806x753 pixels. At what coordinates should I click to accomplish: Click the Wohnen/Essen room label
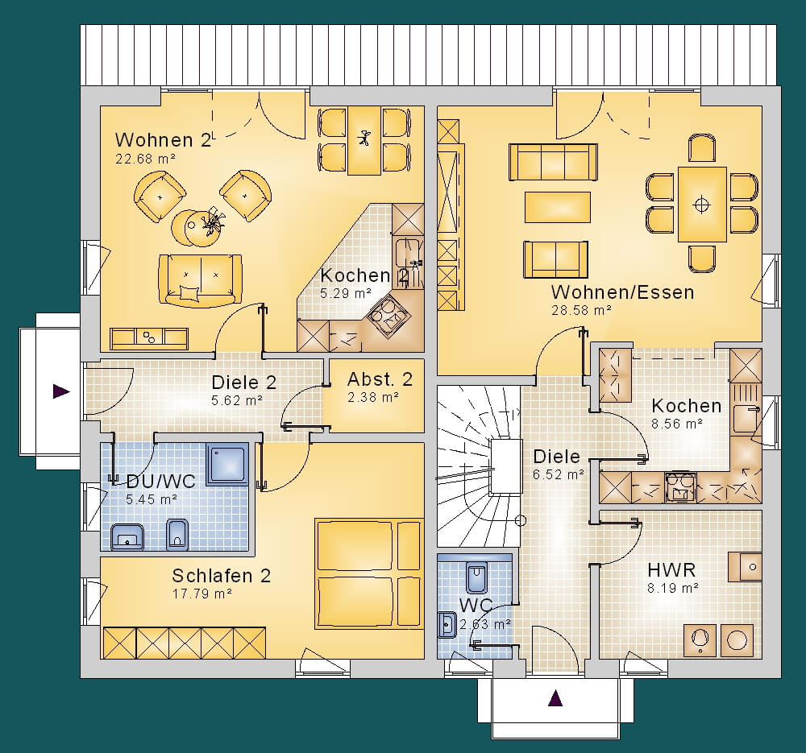(622, 292)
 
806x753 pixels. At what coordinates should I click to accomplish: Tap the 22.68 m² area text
(145, 159)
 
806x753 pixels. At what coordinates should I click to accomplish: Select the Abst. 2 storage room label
(380, 379)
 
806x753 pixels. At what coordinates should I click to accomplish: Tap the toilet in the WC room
(476, 578)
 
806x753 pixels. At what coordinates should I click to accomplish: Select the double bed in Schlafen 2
(369, 574)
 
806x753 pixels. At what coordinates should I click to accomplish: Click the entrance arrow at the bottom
(555, 698)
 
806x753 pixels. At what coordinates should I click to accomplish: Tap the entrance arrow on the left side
(61, 391)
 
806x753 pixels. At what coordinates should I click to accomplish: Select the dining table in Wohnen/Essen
(702, 205)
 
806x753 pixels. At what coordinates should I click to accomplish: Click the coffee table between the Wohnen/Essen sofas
(557, 207)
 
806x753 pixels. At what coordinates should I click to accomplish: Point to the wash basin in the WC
(447, 625)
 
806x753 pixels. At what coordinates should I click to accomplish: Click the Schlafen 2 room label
(221, 576)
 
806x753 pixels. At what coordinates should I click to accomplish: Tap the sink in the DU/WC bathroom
(127, 537)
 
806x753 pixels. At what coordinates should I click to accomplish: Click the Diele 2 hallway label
(243, 383)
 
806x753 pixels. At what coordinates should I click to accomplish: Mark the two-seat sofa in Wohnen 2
(200, 280)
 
